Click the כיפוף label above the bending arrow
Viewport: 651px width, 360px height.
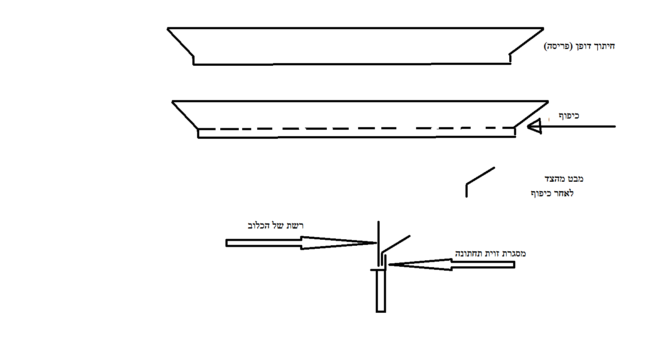pyautogui.click(x=569, y=116)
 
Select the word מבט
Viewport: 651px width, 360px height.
pyautogui.click(x=575, y=179)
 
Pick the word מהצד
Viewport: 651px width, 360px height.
pyautogui.click(x=554, y=179)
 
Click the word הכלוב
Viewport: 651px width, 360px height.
pyautogui.click(x=258, y=226)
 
